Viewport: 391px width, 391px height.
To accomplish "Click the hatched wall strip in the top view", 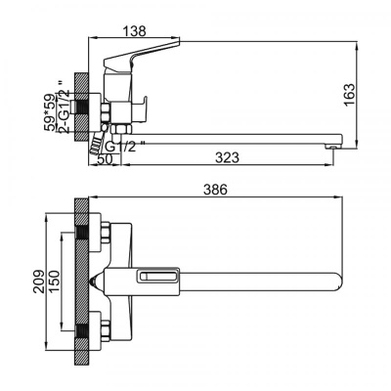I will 83,282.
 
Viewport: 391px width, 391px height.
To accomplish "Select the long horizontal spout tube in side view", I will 235,138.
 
